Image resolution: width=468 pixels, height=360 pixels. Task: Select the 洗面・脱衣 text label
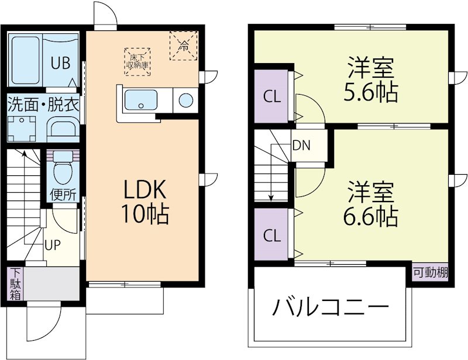43,105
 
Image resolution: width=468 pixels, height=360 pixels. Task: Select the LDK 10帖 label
144,202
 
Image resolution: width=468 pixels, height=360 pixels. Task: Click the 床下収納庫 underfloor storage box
138,61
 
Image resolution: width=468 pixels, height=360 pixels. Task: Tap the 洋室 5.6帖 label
372,79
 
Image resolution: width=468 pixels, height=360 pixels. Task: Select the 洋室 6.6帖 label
371,204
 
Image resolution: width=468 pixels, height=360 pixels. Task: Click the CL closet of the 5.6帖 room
271,96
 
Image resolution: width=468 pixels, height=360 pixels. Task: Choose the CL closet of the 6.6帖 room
271,236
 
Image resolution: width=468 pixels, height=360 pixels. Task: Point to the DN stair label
302,144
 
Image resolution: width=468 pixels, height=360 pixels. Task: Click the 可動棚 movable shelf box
431,272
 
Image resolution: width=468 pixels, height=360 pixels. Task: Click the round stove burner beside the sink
185,101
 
